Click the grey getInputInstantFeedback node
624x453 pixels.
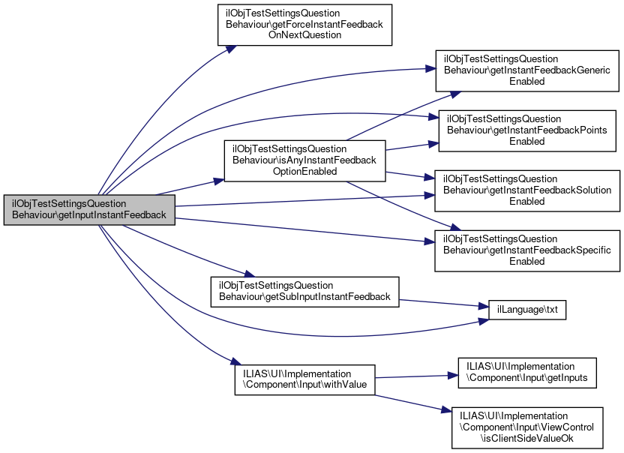[x=89, y=210]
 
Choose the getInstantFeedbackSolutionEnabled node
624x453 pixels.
[x=526, y=190]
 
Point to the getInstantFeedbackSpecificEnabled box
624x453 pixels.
[x=526, y=250]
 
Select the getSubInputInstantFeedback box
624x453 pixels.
[x=304, y=290]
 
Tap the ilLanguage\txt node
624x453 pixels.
[x=527, y=308]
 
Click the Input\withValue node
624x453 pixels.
[x=304, y=380]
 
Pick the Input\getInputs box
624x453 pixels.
[x=526, y=373]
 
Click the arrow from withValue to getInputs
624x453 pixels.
[x=416, y=376]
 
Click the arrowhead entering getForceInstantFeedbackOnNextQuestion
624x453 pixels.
[x=233, y=47]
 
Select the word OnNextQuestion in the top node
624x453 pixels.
[x=304, y=35]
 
